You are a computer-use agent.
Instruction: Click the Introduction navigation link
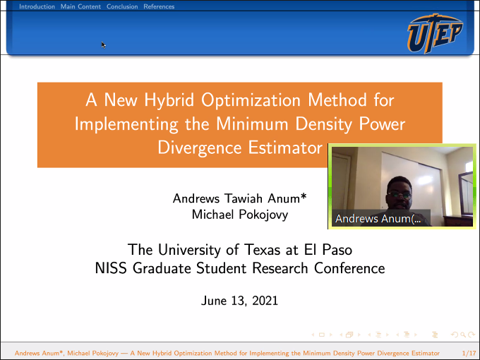(37, 6)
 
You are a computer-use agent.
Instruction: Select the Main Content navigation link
(80, 6)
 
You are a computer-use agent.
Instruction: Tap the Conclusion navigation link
(122, 6)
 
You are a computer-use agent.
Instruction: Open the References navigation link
(159, 6)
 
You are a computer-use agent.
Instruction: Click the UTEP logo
(435, 33)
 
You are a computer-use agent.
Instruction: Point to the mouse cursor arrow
(104, 45)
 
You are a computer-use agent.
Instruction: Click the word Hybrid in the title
(169, 100)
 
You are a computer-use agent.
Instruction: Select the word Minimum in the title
(252, 124)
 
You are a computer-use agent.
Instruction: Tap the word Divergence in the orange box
(200, 148)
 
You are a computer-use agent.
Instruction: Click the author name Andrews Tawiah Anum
(239, 198)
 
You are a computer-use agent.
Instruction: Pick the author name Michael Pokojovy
(240, 215)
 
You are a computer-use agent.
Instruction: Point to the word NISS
(111, 268)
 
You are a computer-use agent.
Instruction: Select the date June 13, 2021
(239, 301)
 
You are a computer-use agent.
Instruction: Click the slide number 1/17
(469, 353)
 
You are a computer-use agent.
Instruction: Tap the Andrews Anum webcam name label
(378, 219)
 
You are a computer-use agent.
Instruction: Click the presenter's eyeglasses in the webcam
(400, 195)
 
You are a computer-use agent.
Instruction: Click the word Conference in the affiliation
(349, 268)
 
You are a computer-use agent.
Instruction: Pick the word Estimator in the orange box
(285, 148)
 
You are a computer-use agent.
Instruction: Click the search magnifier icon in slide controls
(463, 335)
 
